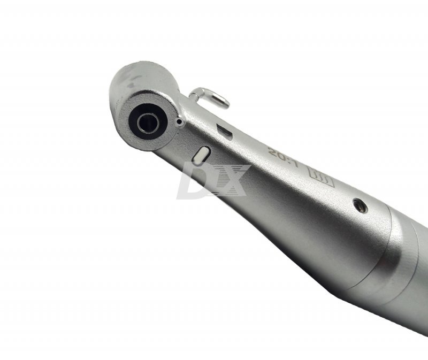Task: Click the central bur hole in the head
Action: pyautogui.click(x=149, y=123)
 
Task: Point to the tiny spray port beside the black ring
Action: pyautogui.click(x=179, y=122)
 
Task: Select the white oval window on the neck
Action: pyautogui.click(x=201, y=156)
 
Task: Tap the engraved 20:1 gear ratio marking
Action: pyautogui.click(x=284, y=158)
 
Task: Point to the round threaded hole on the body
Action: pyautogui.click(x=360, y=206)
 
